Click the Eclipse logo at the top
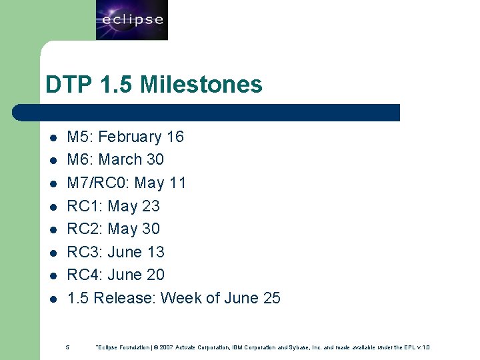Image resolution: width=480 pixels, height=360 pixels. tap(132, 20)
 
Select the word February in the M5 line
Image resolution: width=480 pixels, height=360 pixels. tap(130, 137)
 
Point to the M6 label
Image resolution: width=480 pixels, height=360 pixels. tap(81, 160)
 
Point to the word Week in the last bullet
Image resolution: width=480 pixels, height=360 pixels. tap(181, 298)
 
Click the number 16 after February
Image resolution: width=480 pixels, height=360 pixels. tap(175, 137)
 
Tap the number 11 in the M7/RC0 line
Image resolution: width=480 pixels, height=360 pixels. tap(177, 183)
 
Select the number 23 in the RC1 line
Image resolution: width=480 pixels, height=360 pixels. tap(151, 206)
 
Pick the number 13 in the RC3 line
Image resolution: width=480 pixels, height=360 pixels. tap(155, 252)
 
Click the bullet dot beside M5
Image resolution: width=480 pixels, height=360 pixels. tap(53, 138)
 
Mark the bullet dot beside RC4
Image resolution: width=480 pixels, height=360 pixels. tap(53, 276)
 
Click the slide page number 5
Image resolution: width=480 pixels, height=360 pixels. tap(67, 347)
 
